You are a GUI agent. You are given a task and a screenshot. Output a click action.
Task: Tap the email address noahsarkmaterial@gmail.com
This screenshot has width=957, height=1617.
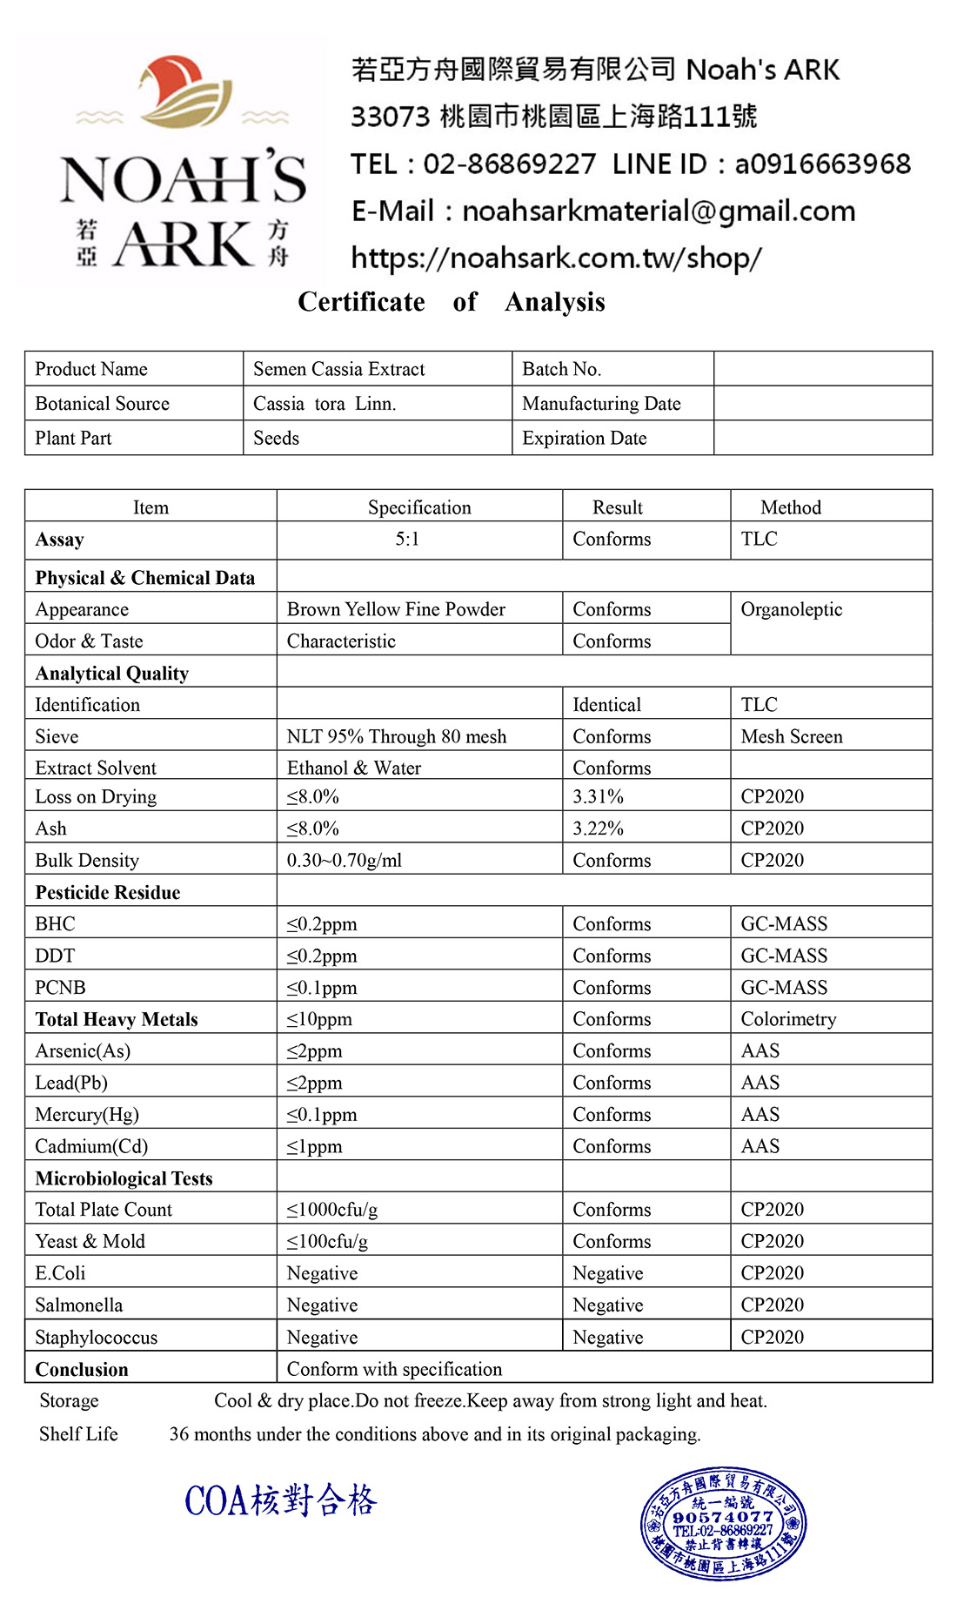click(x=658, y=211)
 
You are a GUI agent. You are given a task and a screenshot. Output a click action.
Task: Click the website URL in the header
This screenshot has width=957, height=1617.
click(x=556, y=258)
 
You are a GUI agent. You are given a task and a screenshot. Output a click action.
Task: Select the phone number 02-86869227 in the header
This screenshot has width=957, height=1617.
click(x=509, y=164)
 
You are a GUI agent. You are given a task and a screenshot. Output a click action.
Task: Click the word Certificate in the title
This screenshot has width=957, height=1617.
click(x=361, y=302)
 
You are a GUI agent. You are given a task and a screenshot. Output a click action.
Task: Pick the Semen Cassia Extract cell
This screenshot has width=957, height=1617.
click(x=338, y=369)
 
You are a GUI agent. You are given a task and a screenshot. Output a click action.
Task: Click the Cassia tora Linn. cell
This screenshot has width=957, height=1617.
click(x=324, y=404)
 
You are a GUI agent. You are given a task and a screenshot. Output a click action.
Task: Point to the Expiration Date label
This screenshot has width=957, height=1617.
click(x=584, y=439)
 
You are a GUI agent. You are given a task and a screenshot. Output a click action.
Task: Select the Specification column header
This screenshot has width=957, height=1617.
click(x=418, y=507)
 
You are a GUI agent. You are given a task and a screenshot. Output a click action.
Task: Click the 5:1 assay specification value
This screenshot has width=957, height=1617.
click(x=407, y=540)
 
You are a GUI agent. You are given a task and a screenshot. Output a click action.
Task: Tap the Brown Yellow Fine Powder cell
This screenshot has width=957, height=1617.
click(x=396, y=609)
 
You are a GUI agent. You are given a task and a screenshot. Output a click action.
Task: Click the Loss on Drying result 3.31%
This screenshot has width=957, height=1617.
click(x=598, y=797)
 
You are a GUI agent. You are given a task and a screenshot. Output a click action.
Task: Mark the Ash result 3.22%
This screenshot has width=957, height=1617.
click(x=598, y=829)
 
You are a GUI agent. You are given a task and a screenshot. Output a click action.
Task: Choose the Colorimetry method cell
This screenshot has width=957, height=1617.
click(x=788, y=1019)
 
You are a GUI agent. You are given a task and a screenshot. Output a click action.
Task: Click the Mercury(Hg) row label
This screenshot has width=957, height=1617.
click(x=87, y=1115)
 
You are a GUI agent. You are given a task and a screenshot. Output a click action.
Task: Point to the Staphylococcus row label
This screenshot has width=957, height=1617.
click(x=96, y=1338)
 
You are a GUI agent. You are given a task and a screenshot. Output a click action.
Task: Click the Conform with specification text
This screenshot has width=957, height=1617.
click(x=394, y=1369)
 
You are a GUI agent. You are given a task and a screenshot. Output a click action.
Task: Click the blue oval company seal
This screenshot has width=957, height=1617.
click(x=723, y=1524)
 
